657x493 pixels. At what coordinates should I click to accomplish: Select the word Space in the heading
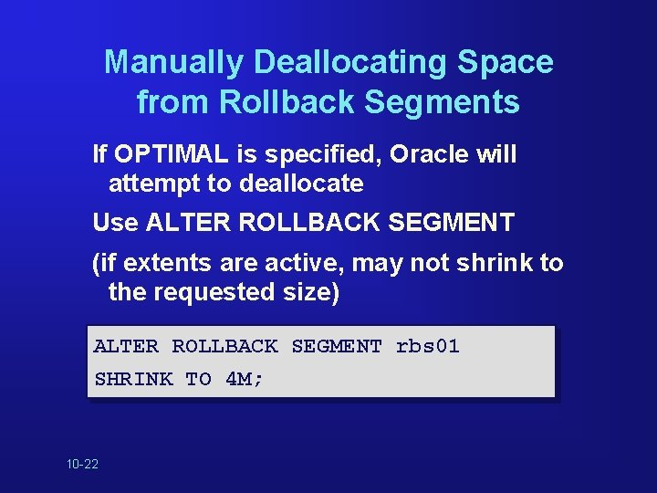(x=508, y=62)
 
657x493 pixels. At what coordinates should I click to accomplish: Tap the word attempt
(x=154, y=184)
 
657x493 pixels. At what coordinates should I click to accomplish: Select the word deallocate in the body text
(x=301, y=184)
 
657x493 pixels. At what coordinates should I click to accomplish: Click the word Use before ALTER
(x=116, y=222)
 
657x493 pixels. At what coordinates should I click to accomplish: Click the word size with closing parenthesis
(x=313, y=293)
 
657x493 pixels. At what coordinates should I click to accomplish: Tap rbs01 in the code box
(x=428, y=346)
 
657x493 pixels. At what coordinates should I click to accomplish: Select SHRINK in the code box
(x=133, y=379)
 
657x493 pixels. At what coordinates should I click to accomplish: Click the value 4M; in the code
(x=245, y=379)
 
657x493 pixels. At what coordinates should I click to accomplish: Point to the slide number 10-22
(x=83, y=465)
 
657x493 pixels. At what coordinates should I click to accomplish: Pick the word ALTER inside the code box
(x=126, y=346)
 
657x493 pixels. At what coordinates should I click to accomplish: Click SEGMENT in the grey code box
(x=336, y=346)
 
